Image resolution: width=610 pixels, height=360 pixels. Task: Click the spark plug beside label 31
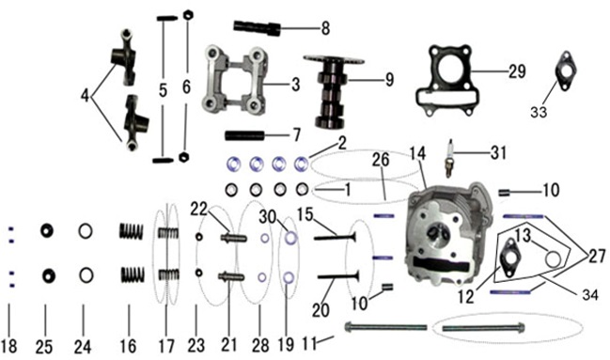tap(449, 158)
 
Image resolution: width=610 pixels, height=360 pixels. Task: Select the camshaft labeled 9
tap(332, 91)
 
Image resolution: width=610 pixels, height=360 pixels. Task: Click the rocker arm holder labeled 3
tap(235, 79)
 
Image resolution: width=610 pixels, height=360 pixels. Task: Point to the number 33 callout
tap(539, 112)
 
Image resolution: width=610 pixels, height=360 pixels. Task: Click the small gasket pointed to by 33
tap(565, 71)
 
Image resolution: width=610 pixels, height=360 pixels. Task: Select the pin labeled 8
tap(257, 27)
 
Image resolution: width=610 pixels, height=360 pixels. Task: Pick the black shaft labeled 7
tap(244, 136)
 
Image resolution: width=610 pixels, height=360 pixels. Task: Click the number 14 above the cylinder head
tap(417, 153)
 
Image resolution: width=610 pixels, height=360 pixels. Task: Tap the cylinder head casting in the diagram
tap(447, 233)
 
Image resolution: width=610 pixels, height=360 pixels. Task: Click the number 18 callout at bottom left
tap(9, 346)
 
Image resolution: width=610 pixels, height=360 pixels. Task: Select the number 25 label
tap(44, 346)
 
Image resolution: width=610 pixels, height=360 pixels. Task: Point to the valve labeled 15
tap(335, 237)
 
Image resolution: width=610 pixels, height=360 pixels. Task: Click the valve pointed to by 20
tap(338, 276)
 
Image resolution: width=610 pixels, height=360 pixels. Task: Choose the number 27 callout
tap(597, 257)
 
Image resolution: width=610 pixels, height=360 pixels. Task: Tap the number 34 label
tap(589, 294)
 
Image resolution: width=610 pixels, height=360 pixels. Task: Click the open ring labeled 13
tap(553, 259)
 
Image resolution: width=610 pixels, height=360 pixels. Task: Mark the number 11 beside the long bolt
tap(309, 344)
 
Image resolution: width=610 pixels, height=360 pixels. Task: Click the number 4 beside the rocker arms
tap(86, 96)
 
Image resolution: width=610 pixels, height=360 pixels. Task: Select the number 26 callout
tap(381, 160)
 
